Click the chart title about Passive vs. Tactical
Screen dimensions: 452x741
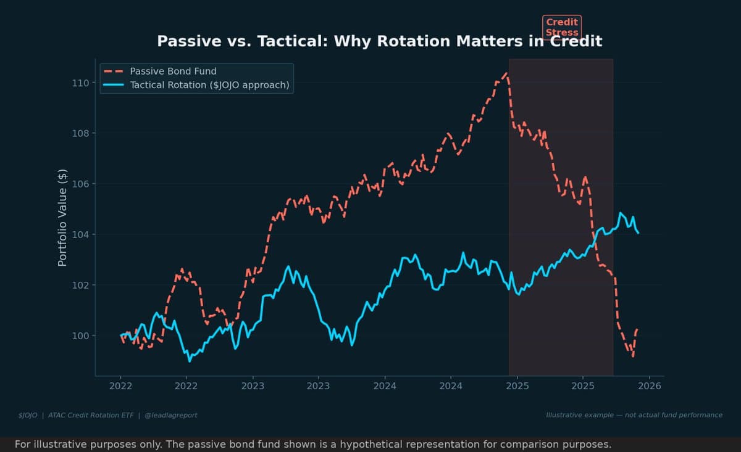pyautogui.click(x=379, y=41)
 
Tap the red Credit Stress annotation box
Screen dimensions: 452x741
pyautogui.click(x=562, y=27)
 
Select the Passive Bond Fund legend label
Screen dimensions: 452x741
pyautogui.click(x=173, y=72)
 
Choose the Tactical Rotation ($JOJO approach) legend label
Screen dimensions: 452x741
pyautogui.click(x=209, y=85)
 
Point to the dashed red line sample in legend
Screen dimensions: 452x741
pyautogui.click(x=114, y=72)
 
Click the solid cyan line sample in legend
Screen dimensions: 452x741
pyautogui.click(x=114, y=85)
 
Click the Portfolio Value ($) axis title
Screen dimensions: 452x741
pyautogui.click(x=62, y=217)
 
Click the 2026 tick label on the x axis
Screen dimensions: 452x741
pyautogui.click(x=649, y=386)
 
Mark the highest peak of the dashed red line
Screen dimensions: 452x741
pyautogui.click(x=506, y=73)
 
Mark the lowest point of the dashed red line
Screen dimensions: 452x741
pyautogui.click(x=633, y=356)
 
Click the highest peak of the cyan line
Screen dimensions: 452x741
pyautogui.click(x=621, y=213)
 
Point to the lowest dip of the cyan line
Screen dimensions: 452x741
pyautogui.click(x=189, y=361)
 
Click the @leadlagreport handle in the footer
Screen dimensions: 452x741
pyautogui.click(x=171, y=415)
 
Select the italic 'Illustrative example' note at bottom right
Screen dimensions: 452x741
pyautogui.click(x=634, y=415)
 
